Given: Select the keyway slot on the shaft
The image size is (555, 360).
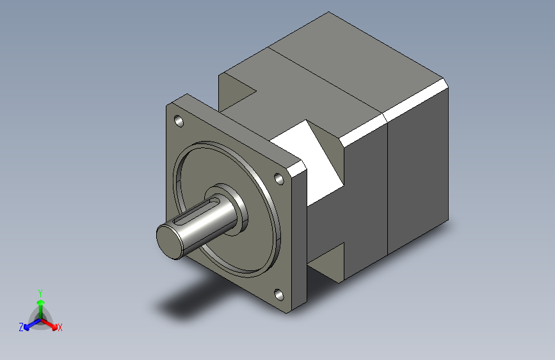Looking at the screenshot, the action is pyautogui.click(x=194, y=212).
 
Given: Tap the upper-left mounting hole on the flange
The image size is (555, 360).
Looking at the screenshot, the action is pyautogui.click(x=179, y=121).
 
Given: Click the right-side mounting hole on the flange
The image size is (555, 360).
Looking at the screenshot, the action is pyautogui.click(x=279, y=179).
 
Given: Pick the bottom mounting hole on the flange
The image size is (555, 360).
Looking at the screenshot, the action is pyautogui.click(x=279, y=295).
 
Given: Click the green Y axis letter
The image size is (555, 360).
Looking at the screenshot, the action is pyautogui.click(x=40, y=293).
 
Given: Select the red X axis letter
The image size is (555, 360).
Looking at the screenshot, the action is pyautogui.click(x=60, y=327).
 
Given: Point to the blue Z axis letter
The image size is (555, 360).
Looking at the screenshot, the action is pyautogui.click(x=21, y=327).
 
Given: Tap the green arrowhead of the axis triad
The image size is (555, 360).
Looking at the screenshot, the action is pyautogui.click(x=41, y=302).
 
